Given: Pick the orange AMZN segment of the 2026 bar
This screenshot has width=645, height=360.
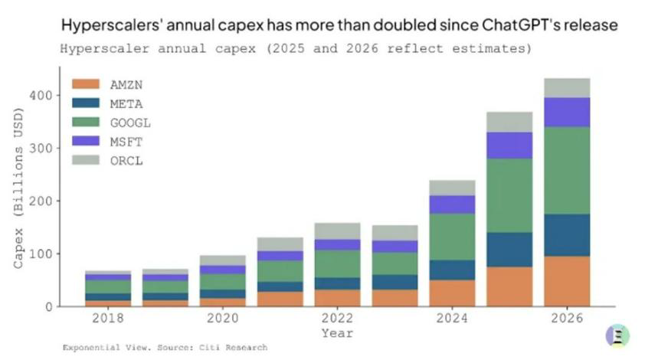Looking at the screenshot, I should [x=568, y=281].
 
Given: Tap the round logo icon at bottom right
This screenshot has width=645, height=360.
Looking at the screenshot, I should [x=617, y=335].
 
